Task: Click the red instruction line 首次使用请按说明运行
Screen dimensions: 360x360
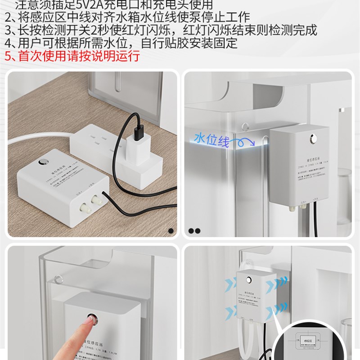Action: click(x=72, y=56)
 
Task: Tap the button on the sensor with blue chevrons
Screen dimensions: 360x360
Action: click(x=248, y=279)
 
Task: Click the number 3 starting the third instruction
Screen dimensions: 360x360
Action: click(x=9, y=31)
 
